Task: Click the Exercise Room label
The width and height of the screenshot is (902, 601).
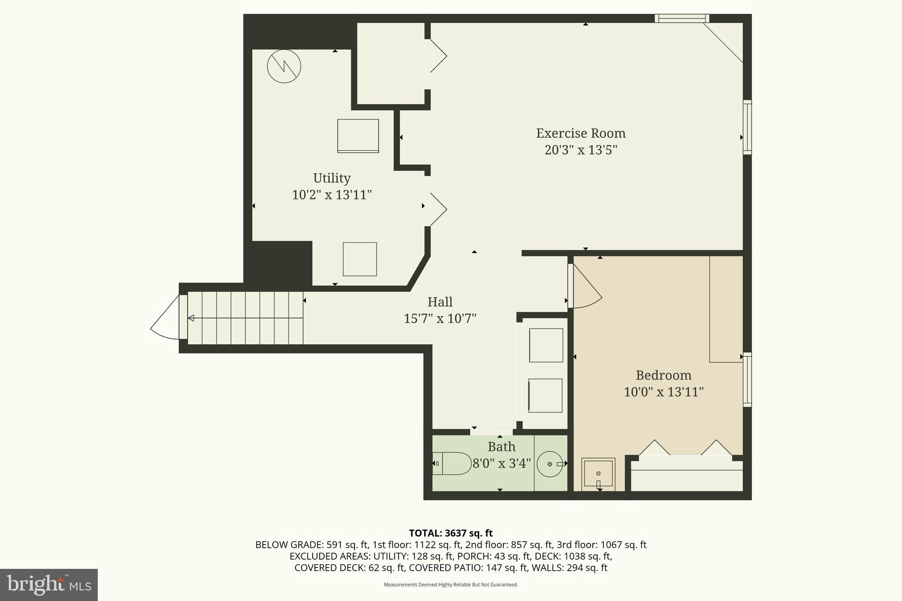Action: click(580, 133)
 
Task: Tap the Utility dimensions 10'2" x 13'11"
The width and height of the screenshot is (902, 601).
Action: click(332, 195)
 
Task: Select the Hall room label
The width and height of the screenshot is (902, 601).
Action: click(440, 302)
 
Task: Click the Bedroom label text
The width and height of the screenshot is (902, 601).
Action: click(663, 375)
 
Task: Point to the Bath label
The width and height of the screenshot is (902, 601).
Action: click(501, 447)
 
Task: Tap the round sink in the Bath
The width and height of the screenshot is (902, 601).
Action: click(550, 464)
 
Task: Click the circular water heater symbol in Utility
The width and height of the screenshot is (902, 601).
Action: click(284, 66)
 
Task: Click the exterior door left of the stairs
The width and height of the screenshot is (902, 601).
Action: click(166, 318)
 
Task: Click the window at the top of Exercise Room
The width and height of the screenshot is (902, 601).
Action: click(681, 18)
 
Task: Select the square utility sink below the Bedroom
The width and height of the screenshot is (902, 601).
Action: click(598, 473)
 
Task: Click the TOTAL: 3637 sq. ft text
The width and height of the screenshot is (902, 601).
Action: click(451, 533)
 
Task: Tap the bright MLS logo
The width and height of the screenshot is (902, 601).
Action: click(49, 585)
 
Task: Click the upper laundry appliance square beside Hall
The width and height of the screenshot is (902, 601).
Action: click(546, 345)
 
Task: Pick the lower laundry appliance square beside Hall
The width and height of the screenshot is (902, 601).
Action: click(545, 395)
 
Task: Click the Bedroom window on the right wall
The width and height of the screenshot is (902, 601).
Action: click(747, 380)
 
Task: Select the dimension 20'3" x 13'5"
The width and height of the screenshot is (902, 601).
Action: click(580, 150)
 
